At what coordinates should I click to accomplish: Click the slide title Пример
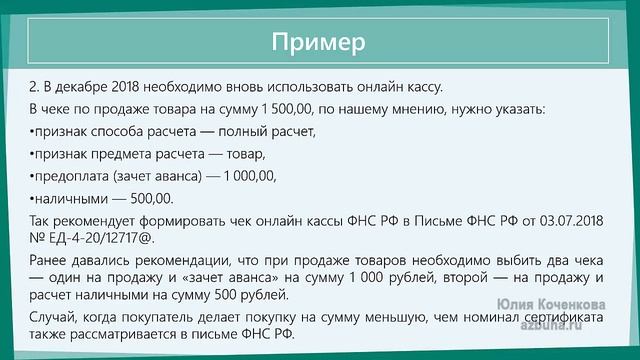[319, 43]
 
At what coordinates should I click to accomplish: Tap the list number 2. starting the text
[36, 87]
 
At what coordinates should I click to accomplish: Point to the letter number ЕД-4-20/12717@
[102, 239]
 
